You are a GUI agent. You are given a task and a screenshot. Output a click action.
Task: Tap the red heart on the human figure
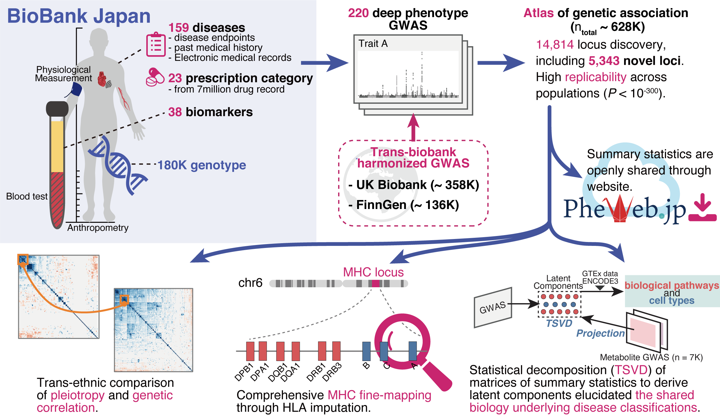[x=102, y=79]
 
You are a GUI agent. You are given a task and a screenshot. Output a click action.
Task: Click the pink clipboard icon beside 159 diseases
[x=156, y=45]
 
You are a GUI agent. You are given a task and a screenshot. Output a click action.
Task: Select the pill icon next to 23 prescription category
[x=155, y=77]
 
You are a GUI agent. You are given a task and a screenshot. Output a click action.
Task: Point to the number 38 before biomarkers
[x=175, y=112]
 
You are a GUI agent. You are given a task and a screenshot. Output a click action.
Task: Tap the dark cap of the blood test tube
[x=57, y=109]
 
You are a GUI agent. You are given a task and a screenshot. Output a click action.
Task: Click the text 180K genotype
[x=202, y=165]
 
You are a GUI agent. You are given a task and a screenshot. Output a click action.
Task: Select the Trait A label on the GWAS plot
[x=373, y=44]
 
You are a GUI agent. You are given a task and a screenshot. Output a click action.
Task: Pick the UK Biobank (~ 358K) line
[x=414, y=185]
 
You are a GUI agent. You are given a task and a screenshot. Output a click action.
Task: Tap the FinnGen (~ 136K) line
[x=404, y=205]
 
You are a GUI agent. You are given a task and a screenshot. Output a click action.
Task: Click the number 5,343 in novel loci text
[x=604, y=61]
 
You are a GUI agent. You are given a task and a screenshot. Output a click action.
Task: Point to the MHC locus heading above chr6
[x=373, y=272]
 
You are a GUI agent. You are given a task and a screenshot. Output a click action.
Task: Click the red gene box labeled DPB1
[x=250, y=351]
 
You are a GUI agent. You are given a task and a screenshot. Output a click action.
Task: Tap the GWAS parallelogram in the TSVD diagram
[x=493, y=308]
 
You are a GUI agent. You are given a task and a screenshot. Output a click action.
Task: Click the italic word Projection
[x=600, y=333]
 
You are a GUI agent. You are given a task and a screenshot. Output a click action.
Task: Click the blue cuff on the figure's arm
[x=76, y=89]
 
